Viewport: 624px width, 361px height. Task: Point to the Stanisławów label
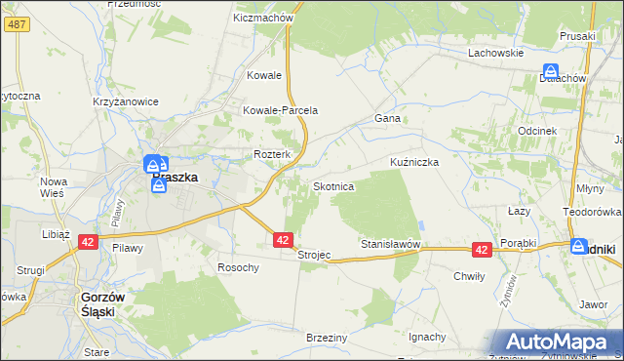coord(390,243)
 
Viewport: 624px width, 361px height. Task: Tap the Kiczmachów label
coord(264,18)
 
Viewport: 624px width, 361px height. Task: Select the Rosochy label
coord(238,267)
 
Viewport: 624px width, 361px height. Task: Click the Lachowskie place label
coord(496,53)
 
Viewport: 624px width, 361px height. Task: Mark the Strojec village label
coord(314,255)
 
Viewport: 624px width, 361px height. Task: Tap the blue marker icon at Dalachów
coord(551,71)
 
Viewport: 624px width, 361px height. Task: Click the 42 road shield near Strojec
coord(283,239)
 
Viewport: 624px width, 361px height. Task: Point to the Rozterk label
coord(273,154)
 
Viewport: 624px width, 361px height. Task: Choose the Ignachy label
coord(427,337)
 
